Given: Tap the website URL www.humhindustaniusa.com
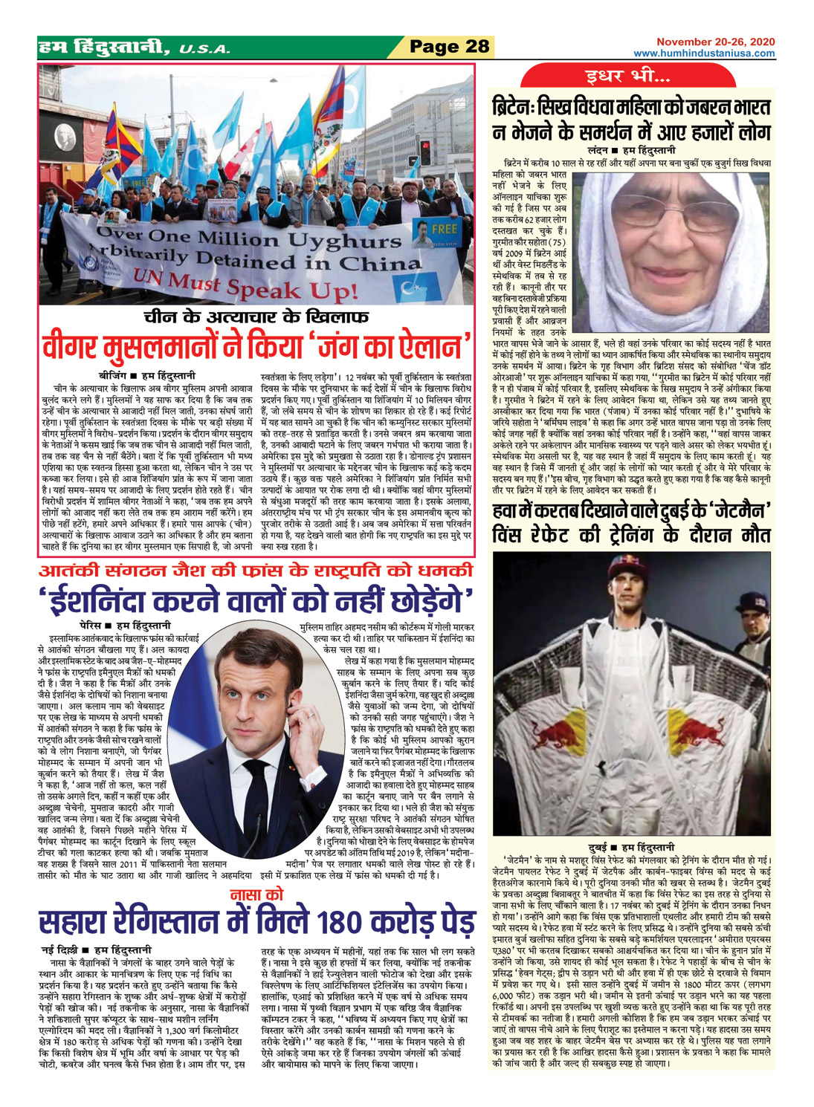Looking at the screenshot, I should tap(703, 53).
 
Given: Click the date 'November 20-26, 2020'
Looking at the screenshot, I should tap(715, 42).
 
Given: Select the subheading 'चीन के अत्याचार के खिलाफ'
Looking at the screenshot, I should tap(256, 318).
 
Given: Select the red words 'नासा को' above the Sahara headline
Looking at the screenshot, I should tap(256, 896).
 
